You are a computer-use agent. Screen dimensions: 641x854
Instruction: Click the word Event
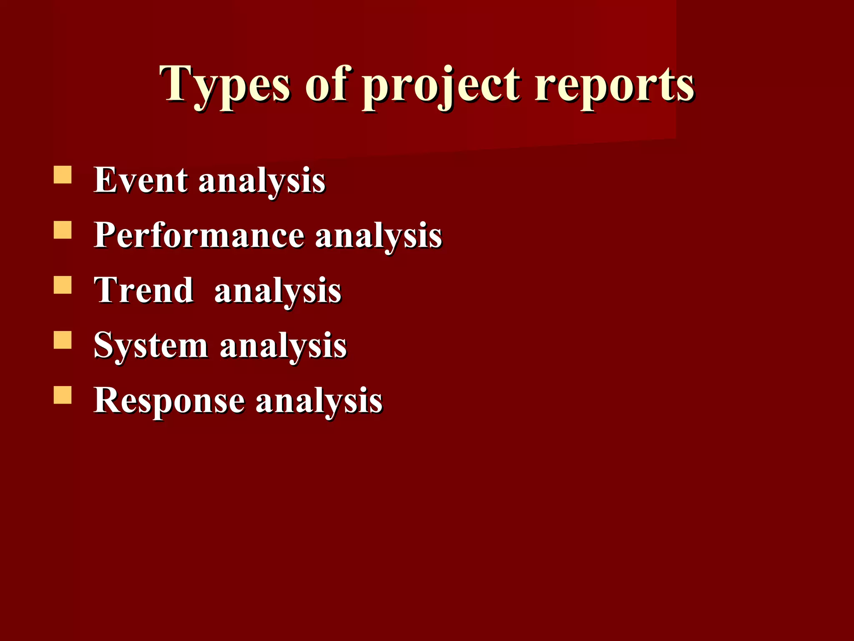pos(141,180)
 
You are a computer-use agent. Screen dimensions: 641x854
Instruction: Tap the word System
pos(151,346)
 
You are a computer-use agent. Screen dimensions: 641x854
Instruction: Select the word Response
pos(169,400)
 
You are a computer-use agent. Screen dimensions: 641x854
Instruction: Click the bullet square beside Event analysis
pos(63,175)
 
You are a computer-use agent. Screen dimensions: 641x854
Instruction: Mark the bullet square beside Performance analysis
pos(63,230)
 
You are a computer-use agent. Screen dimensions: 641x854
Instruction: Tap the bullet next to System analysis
pos(63,340)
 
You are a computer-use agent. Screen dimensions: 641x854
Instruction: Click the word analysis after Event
pos(262,182)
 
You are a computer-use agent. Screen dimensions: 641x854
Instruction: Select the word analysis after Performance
pos(378,237)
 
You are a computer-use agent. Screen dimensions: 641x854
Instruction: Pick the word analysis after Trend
pos(278,292)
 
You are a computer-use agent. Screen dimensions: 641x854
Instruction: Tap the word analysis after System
pos(283,347)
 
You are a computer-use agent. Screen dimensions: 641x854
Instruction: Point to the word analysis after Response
pos(319,402)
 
